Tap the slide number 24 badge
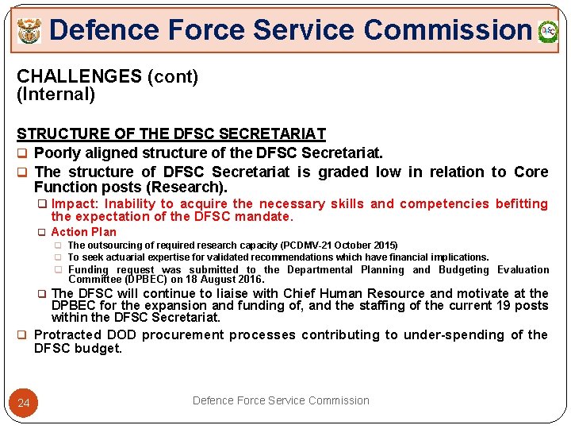(24, 404)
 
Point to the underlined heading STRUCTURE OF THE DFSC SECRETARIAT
(171, 134)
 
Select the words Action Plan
(83, 232)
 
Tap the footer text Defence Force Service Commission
(281, 400)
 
